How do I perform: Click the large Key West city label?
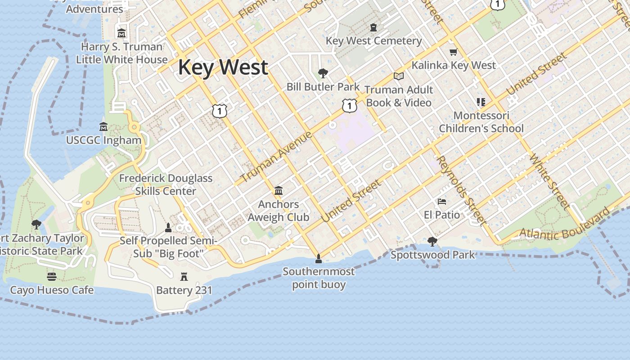pos(223,67)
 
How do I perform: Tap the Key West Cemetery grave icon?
pos(373,28)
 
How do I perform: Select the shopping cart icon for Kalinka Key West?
pos(453,52)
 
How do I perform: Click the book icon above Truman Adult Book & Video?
pos(398,76)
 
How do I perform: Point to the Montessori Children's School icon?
pos(481,102)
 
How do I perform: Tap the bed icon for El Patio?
pos(442,202)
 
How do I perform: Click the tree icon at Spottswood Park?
pos(432,242)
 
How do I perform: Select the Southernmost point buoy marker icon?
pos(319,258)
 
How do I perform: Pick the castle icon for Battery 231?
pos(184,276)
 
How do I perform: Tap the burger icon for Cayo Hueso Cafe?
pos(52,276)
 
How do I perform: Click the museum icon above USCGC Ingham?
pos(103,127)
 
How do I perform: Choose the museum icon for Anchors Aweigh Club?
pos(278,191)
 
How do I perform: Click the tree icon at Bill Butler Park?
pos(323,73)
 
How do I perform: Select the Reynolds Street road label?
pos(460,190)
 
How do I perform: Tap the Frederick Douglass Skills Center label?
pos(166,184)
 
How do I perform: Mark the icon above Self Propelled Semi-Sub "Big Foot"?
pos(168,227)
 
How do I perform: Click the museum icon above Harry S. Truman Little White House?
pos(121,33)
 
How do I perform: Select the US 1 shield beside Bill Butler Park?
pos(349,106)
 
